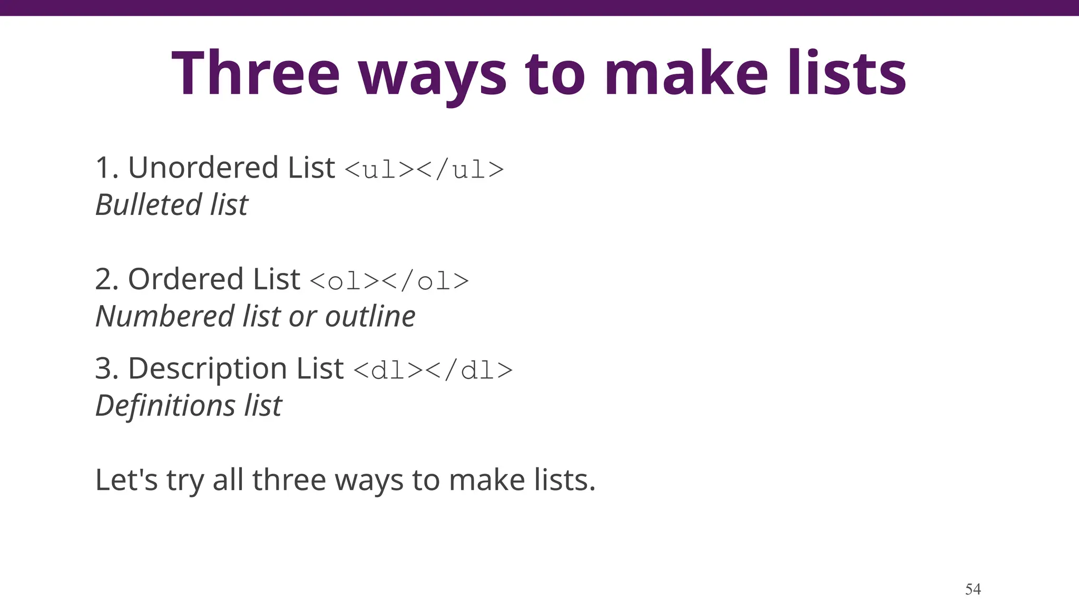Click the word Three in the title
pos(256,73)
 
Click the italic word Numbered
pos(164,316)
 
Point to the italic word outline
pos(370,316)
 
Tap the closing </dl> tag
pos(469,370)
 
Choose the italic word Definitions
pos(165,406)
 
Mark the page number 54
pos(973,589)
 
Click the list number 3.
pos(104,368)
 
